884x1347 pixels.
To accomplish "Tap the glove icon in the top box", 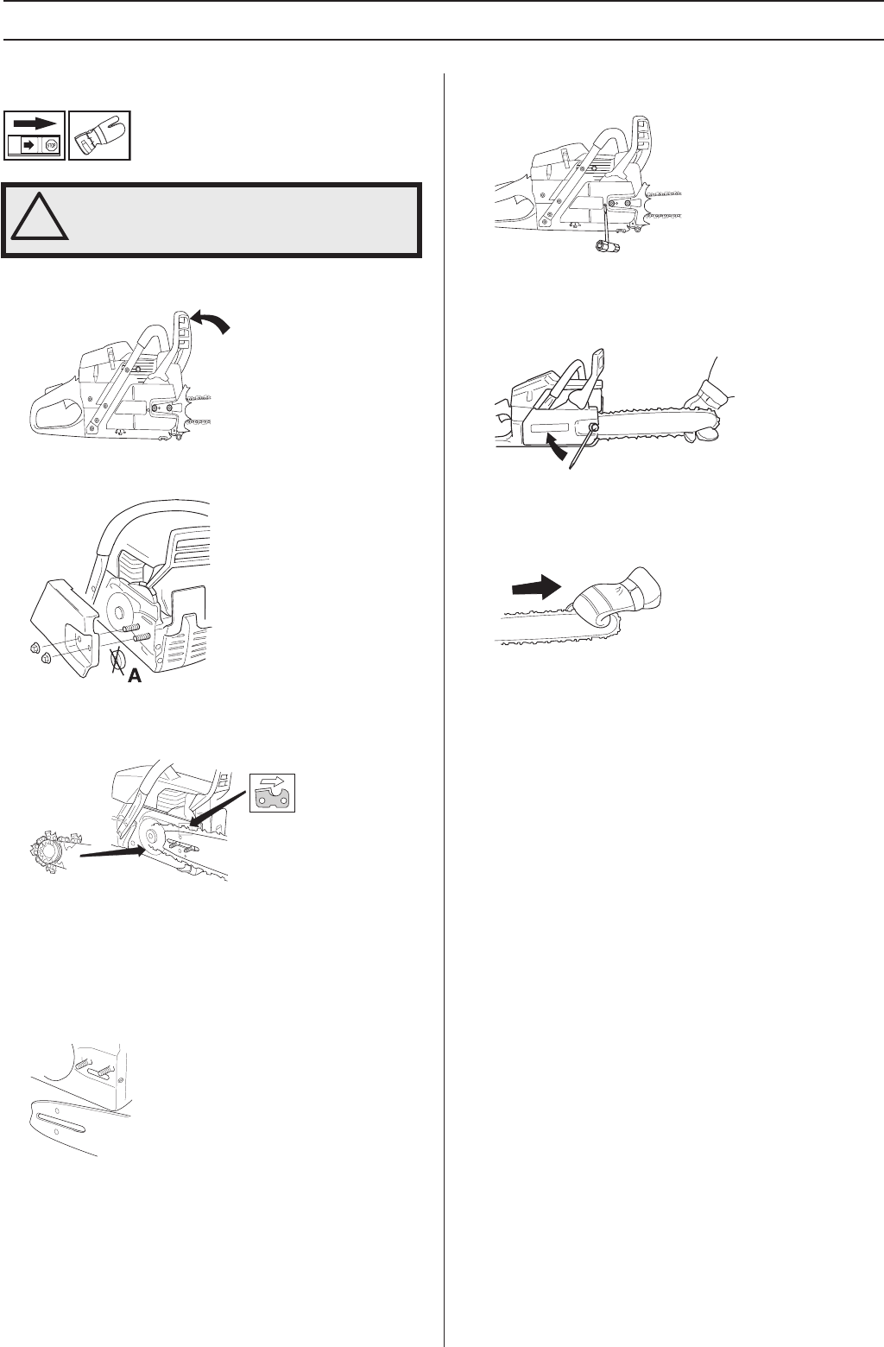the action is [x=99, y=135].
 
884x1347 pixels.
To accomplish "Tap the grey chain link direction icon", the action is [x=272, y=792].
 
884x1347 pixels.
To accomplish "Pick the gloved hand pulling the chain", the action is [x=613, y=600].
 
